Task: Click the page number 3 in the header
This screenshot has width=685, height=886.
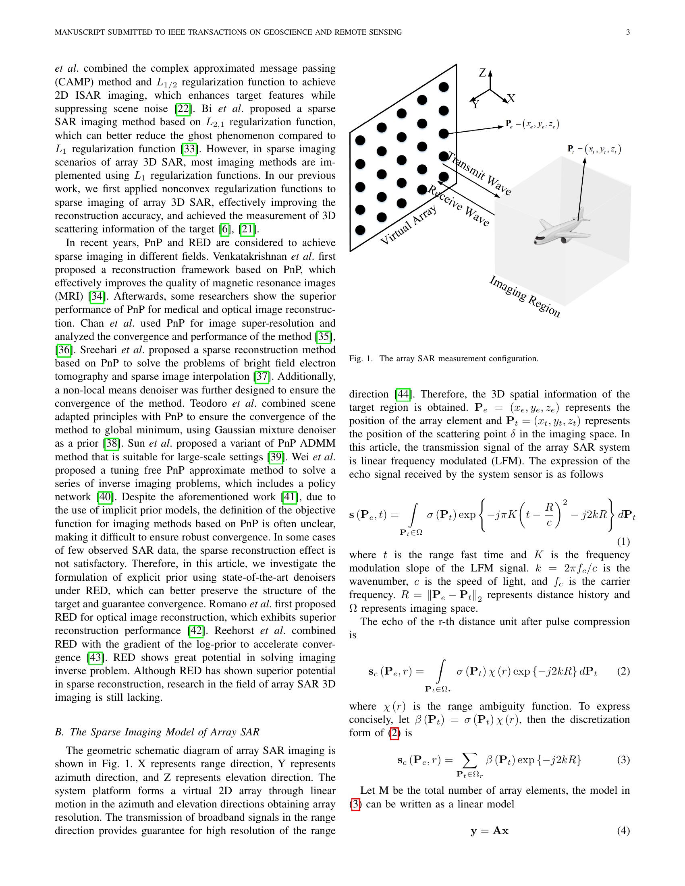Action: pos(628,33)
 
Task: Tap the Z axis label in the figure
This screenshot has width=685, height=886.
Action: pos(482,73)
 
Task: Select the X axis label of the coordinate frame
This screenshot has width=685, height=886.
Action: pos(511,99)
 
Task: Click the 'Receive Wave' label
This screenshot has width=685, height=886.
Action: pos(459,206)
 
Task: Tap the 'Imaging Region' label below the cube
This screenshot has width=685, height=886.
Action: pos(525,296)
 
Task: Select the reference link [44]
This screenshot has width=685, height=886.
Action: pos(403,394)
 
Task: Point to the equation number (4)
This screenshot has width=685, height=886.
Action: pos(623,830)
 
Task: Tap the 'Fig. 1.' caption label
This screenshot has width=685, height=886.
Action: pos(361,358)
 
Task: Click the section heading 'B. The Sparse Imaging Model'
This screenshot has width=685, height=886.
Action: pos(157,732)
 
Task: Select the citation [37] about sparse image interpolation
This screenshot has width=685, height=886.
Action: pos(262,377)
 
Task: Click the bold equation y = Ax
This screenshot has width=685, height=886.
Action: pos(490,830)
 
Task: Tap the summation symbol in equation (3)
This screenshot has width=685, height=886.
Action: pos(469,760)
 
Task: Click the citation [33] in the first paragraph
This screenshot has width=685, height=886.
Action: pos(189,149)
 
